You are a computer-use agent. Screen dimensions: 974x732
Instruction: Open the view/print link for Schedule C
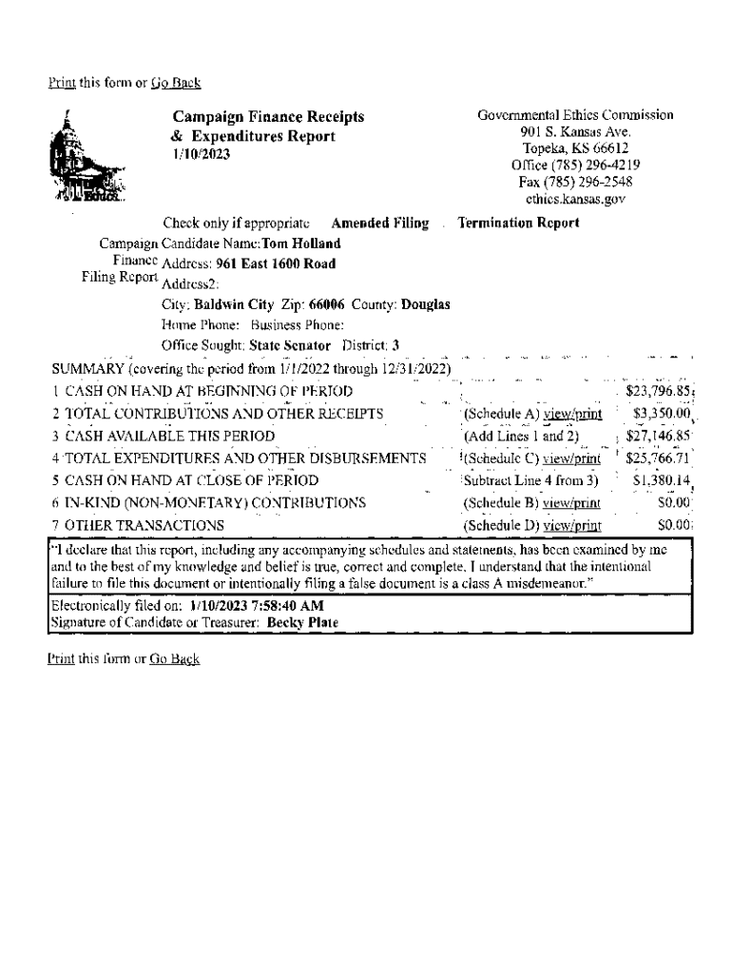coord(571,458)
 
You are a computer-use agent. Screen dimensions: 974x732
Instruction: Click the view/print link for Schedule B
coord(571,502)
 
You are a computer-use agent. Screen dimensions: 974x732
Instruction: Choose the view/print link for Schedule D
coord(571,525)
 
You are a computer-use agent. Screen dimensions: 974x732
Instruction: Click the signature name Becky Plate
coord(302,623)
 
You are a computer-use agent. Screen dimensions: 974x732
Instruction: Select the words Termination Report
coord(518,224)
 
